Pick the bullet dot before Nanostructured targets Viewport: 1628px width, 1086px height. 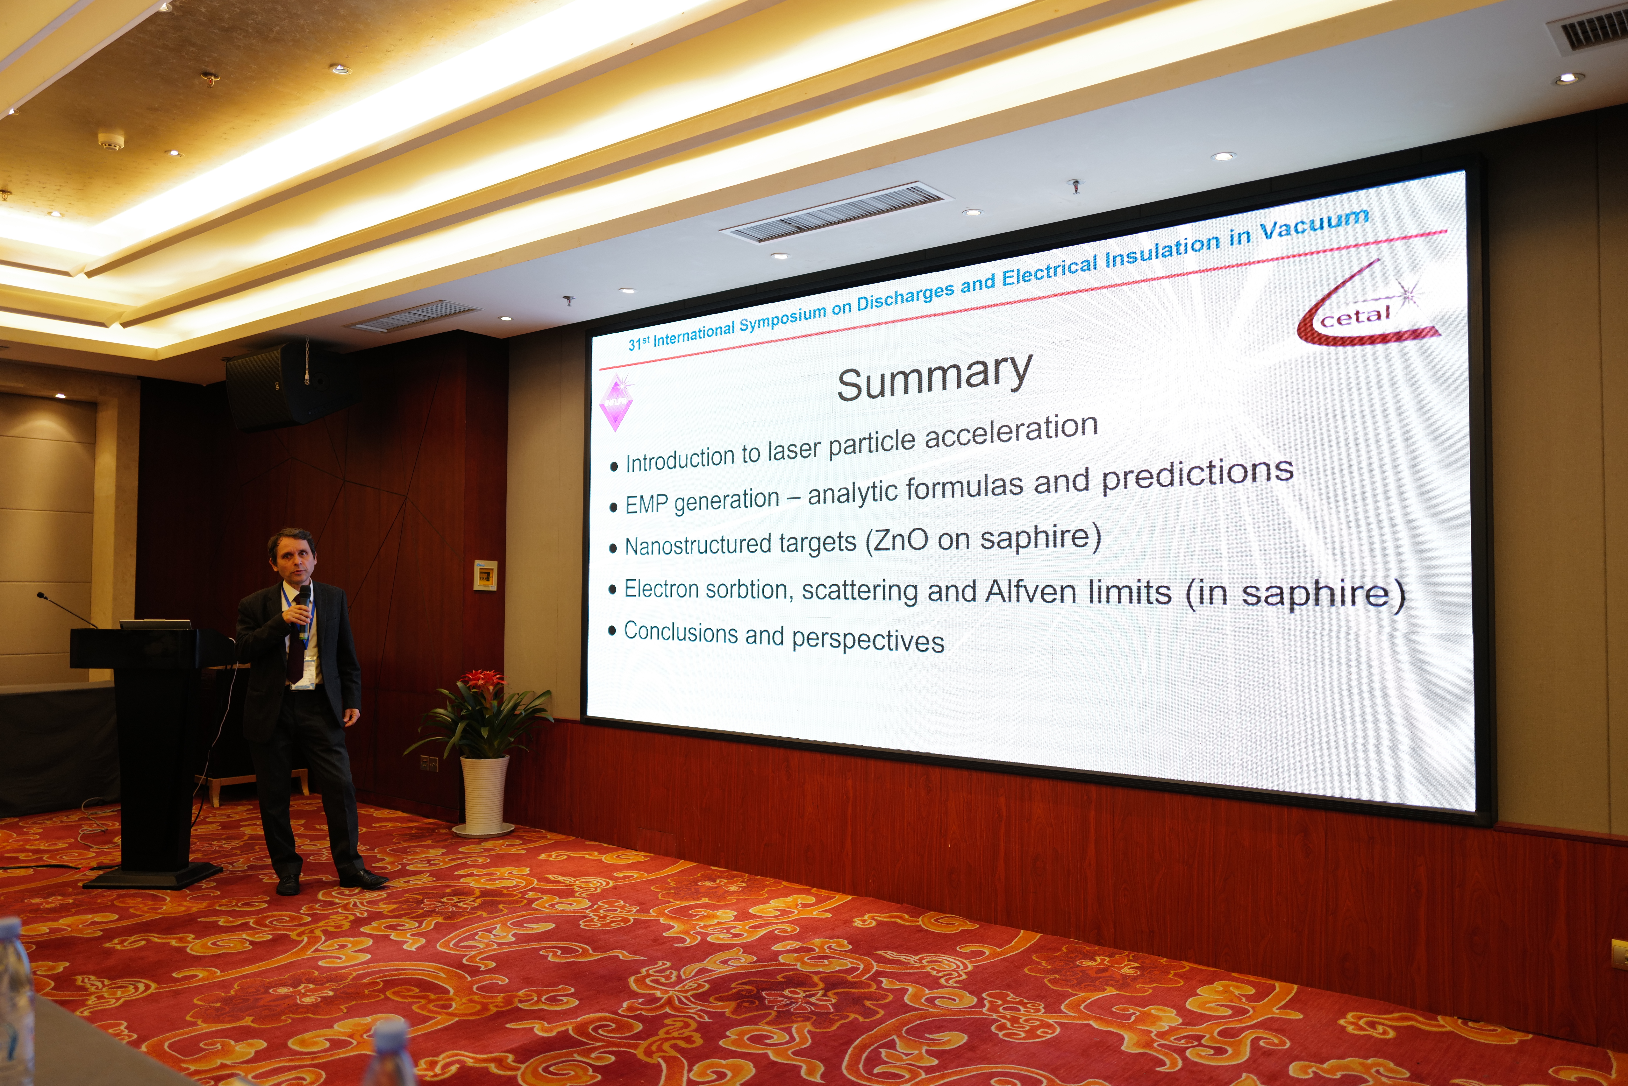[x=612, y=548]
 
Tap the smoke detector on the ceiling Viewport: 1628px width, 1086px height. [x=111, y=142]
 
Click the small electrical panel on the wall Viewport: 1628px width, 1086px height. [x=485, y=575]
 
